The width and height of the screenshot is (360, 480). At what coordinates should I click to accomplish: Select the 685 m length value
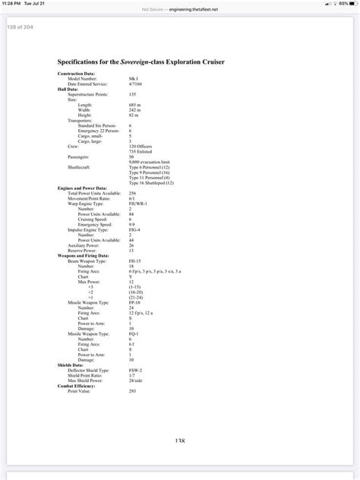pyautogui.click(x=134, y=104)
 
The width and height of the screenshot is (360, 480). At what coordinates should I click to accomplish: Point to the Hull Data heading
pyautogui.click(x=68, y=89)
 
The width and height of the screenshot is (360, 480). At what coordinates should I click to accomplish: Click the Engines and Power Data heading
pyautogui.click(x=82, y=188)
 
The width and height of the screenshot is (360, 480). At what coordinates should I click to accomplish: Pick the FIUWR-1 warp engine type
pyautogui.click(x=138, y=202)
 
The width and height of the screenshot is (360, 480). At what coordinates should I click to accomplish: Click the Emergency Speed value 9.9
pyautogui.click(x=132, y=224)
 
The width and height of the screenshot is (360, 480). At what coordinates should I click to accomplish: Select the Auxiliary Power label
pyautogui.click(x=84, y=245)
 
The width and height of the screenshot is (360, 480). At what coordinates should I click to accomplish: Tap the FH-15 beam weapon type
pyautogui.click(x=135, y=260)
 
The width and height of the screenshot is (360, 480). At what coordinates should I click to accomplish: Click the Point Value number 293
pyautogui.click(x=133, y=390)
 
